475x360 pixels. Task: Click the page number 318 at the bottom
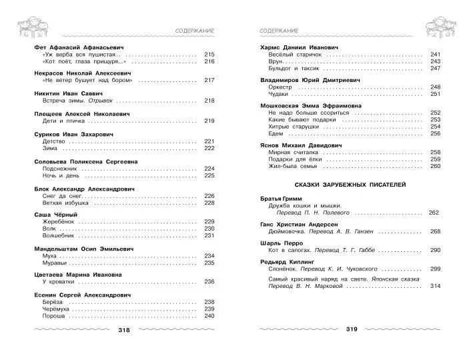[x=124, y=330]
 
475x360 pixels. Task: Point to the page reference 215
[x=209, y=54]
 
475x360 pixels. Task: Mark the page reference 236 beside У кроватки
[x=209, y=281]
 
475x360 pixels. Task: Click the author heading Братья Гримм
[x=282, y=199]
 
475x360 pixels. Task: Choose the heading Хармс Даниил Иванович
[x=299, y=47]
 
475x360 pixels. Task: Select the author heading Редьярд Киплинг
[x=288, y=261]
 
